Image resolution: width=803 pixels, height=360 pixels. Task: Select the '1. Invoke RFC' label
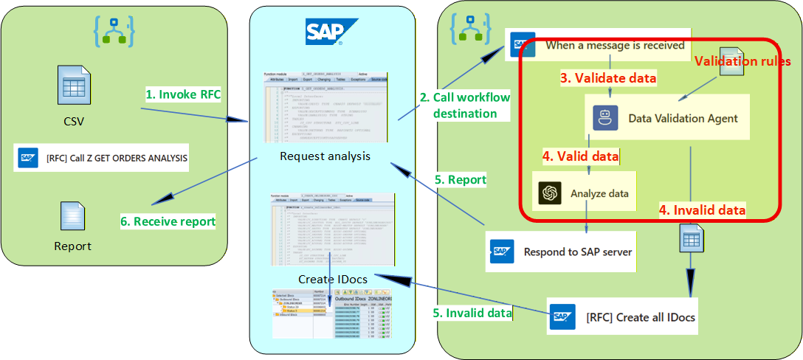(x=183, y=95)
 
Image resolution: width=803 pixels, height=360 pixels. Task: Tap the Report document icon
(x=73, y=216)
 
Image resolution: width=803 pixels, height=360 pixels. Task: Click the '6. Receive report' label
(x=168, y=221)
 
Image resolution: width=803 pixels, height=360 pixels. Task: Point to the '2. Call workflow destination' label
(x=464, y=105)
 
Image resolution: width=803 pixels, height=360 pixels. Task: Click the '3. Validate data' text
(x=608, y=77)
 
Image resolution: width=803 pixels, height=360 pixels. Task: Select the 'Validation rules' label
(x=742, y=61)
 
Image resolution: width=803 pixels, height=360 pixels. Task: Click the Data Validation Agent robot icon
(x=605, y=118)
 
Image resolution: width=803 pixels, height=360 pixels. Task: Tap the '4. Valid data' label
(x=580, y=156)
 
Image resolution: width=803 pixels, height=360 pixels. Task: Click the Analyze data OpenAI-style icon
(x=550, y=193)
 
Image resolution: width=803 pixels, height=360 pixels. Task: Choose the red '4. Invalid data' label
(x=702, y=210)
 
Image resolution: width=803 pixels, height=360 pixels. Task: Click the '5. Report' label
(x=461, y=179)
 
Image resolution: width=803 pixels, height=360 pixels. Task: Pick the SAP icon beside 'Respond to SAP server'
(x=502, y=252)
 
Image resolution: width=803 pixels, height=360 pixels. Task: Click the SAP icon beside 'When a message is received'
(x=523, y=45)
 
